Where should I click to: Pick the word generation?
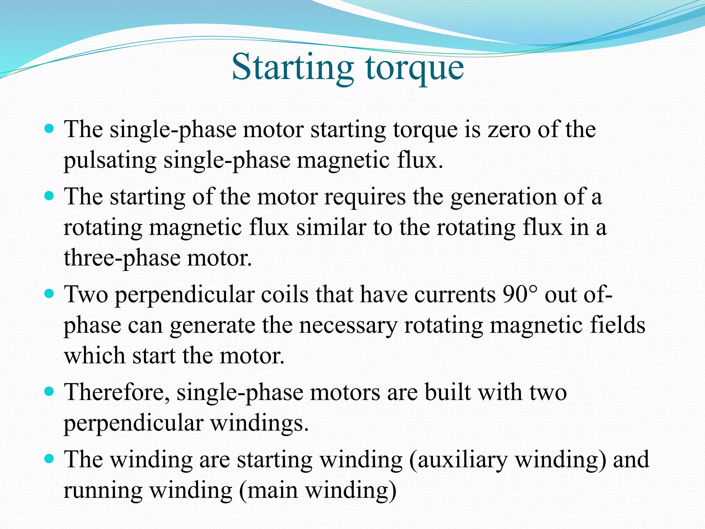click(503, 197)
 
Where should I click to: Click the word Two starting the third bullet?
click(86, 294)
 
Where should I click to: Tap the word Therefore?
click(117, 392)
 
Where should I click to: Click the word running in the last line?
click(103, 491)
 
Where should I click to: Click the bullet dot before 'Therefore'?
click(50, 392)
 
